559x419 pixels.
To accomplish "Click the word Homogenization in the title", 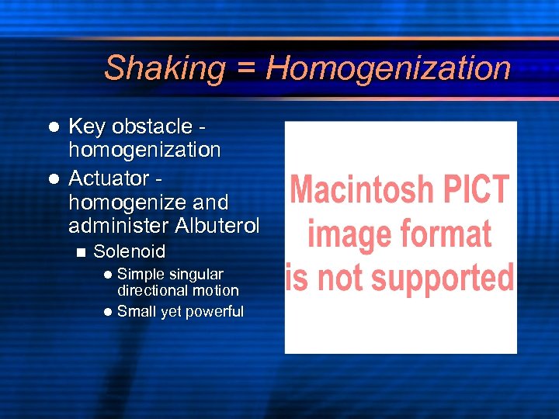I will pos(388,68).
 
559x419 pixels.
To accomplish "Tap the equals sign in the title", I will pos(245,68).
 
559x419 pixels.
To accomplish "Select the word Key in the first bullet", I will pos(87,126).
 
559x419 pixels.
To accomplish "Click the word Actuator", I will pos(109,178).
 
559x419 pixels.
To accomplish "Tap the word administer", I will pos(119,226).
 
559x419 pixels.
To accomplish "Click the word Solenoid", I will pos(129,251).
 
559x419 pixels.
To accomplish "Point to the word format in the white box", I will pos(446,233).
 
